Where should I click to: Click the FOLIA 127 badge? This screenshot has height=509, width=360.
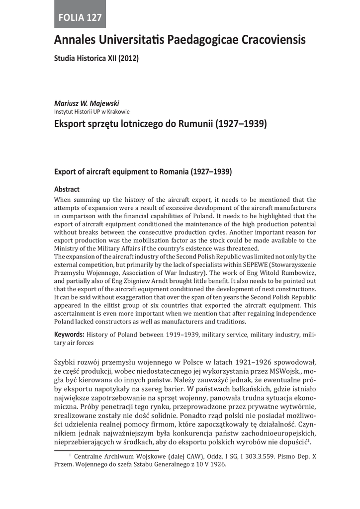coord(80,18)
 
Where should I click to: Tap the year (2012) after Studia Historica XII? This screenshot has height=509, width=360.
coord(128,58)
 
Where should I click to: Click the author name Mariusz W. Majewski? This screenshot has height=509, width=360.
coord(87,103)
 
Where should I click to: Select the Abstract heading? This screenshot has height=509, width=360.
coord(67,189)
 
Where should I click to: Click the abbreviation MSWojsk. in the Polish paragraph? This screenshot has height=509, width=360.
coord(286,371)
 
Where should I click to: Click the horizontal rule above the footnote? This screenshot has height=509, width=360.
coord(106,450)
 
